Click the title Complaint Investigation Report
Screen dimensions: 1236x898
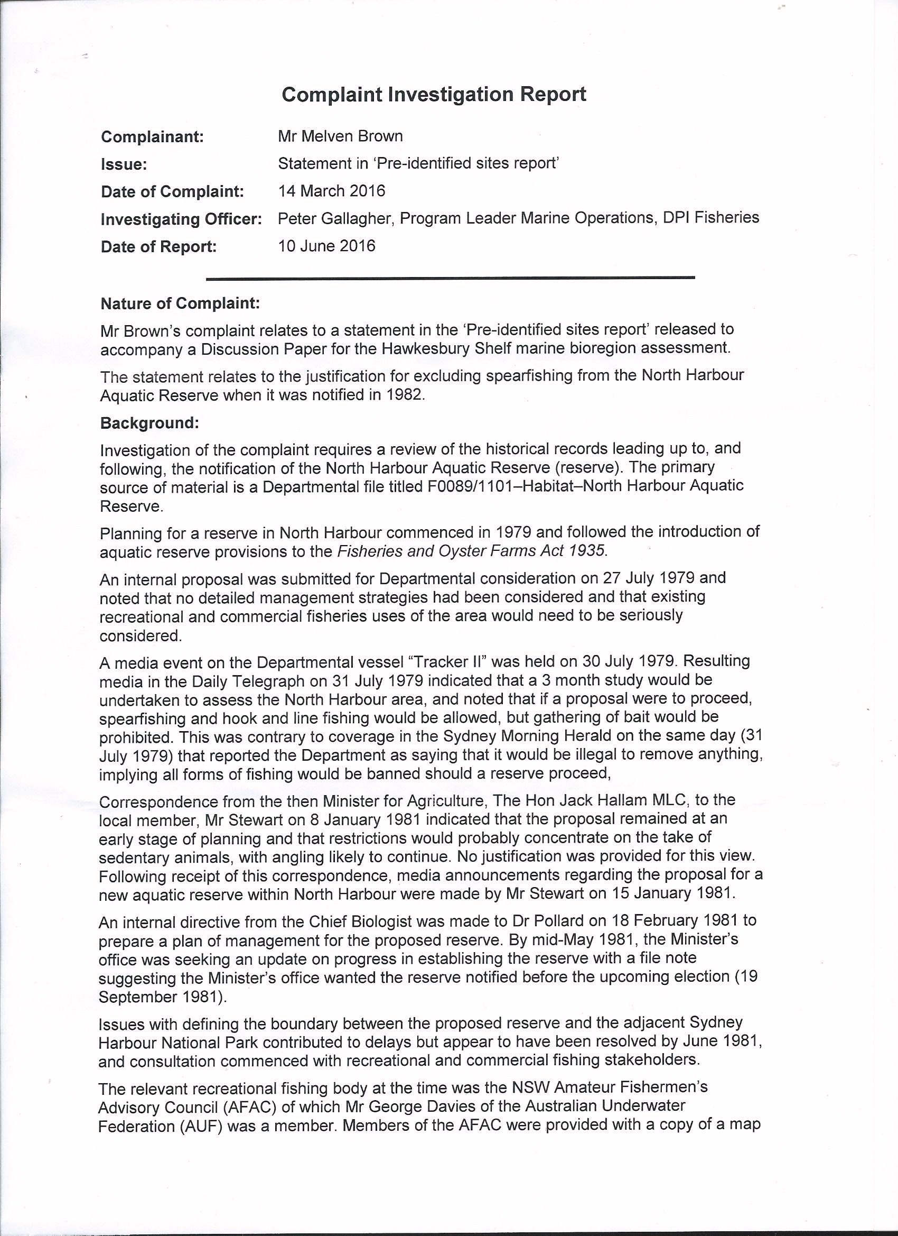[x=434, y=95]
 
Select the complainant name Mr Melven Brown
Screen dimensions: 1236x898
[x=340, y=136]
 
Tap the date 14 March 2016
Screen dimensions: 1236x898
[x=331, y=191]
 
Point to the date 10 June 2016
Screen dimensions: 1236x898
[x=326, y=246]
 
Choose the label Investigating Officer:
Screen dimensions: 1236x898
[x=181, y=219]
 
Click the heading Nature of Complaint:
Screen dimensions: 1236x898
[x=180, y=303]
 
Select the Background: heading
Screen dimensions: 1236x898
[x=150, y=423]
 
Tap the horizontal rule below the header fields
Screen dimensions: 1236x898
[x=451, y=279]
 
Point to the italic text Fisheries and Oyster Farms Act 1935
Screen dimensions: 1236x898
[x=471, y=550]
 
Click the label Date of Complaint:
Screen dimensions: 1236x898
[x=172, y=192]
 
